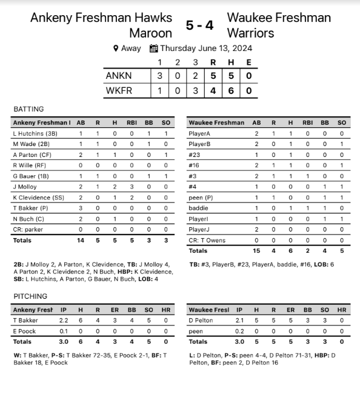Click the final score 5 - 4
pyautogui.click(x=199, y=25)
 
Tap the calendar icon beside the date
pyautogui.click(x=153, y=48)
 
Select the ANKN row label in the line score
pyautogui.click(x=119, y=76)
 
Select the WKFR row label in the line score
pyautogui.click(x=119, y=91)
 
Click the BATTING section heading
pyautogui.click(x=28, y=109)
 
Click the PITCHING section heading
pyautogui.click(x=30, y=296)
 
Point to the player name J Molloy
pyautogui.click(x=25, y=187)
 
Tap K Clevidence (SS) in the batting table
pyautogui.click(x=39, y=198)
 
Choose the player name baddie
pyautogui.click(x=199, y=208)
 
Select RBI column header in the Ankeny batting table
pyautogui.click(x=132, y=122)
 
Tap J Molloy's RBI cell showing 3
pyautogui.click(x=132, y=187)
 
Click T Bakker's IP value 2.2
pyautogui.click(x=63, y=321)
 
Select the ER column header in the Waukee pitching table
pyautogui.click(x=291, y=310)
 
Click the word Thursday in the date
pyautogui.click(x=180, y=48)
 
